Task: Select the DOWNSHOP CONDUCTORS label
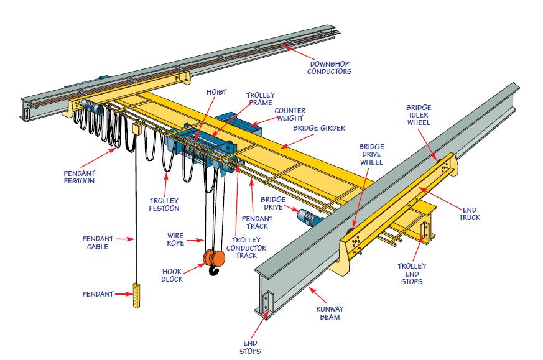(330, 67)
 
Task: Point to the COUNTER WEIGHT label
(290, 113)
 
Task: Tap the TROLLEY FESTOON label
(164, 204)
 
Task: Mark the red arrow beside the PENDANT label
(122, 293)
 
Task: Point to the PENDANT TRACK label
(258, 223)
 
